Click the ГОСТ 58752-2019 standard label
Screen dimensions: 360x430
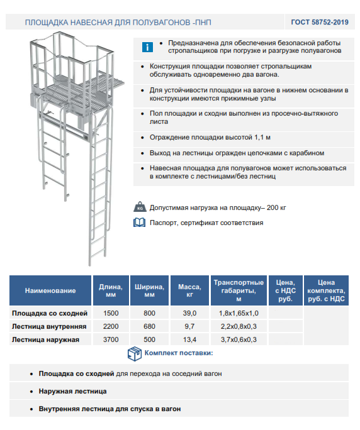pos(320,22)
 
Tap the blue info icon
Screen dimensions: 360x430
pos(147,47)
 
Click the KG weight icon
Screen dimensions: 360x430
pos(140,207)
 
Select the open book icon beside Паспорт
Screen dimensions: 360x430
pos(140,223)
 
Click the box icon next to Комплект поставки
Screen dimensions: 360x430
pos(135,353)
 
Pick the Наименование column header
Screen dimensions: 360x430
pos(50,290)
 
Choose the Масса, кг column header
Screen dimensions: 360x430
pos(189,290)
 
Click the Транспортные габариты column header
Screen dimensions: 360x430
pos(239,290)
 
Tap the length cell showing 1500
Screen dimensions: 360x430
pos(111,313)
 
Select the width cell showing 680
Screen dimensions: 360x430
pos(149,326)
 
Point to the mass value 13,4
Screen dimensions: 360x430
pos(189,339)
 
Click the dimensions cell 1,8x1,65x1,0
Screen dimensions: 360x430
pos(239,313)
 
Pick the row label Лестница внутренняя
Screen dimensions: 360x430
pos(49,326)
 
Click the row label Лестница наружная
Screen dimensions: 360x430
pos(45,339)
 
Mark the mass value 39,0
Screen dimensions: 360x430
pos(189,313)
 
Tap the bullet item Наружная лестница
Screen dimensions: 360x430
pos(72,391)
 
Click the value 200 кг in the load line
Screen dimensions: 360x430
pos(276,207)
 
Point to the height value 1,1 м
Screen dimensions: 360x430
pos(262,138)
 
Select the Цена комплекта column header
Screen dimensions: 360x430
pos(326,290)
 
